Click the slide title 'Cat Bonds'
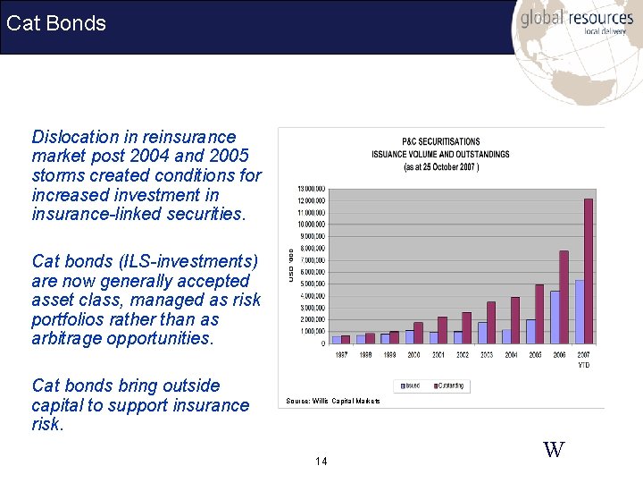(x=56, y=23)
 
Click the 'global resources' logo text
(x=576, y=18)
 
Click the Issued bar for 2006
(x=555, y=317)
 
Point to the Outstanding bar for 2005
(x=539, y=314)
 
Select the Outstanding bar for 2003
(x=490, y=322)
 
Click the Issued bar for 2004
(x=506, y=336)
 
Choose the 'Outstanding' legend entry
(x=448, y=386)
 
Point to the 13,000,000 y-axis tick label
(x=312, y=189)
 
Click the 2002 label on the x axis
(x=463, y=355)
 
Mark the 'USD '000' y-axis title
(x=290, y=266)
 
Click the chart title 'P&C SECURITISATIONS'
(x=440, y=141)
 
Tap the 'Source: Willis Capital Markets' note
(x=333, y=401)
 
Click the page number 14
(x=321, y=462)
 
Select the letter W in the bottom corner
(x=554, y=450)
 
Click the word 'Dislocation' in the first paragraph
(x=76, y=137)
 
